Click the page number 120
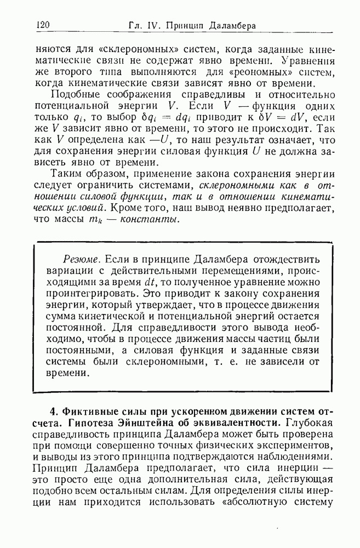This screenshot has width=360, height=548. pyautogui.click(x=42, y=25)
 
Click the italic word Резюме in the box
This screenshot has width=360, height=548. pyautogui.click(x=81, y=258)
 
